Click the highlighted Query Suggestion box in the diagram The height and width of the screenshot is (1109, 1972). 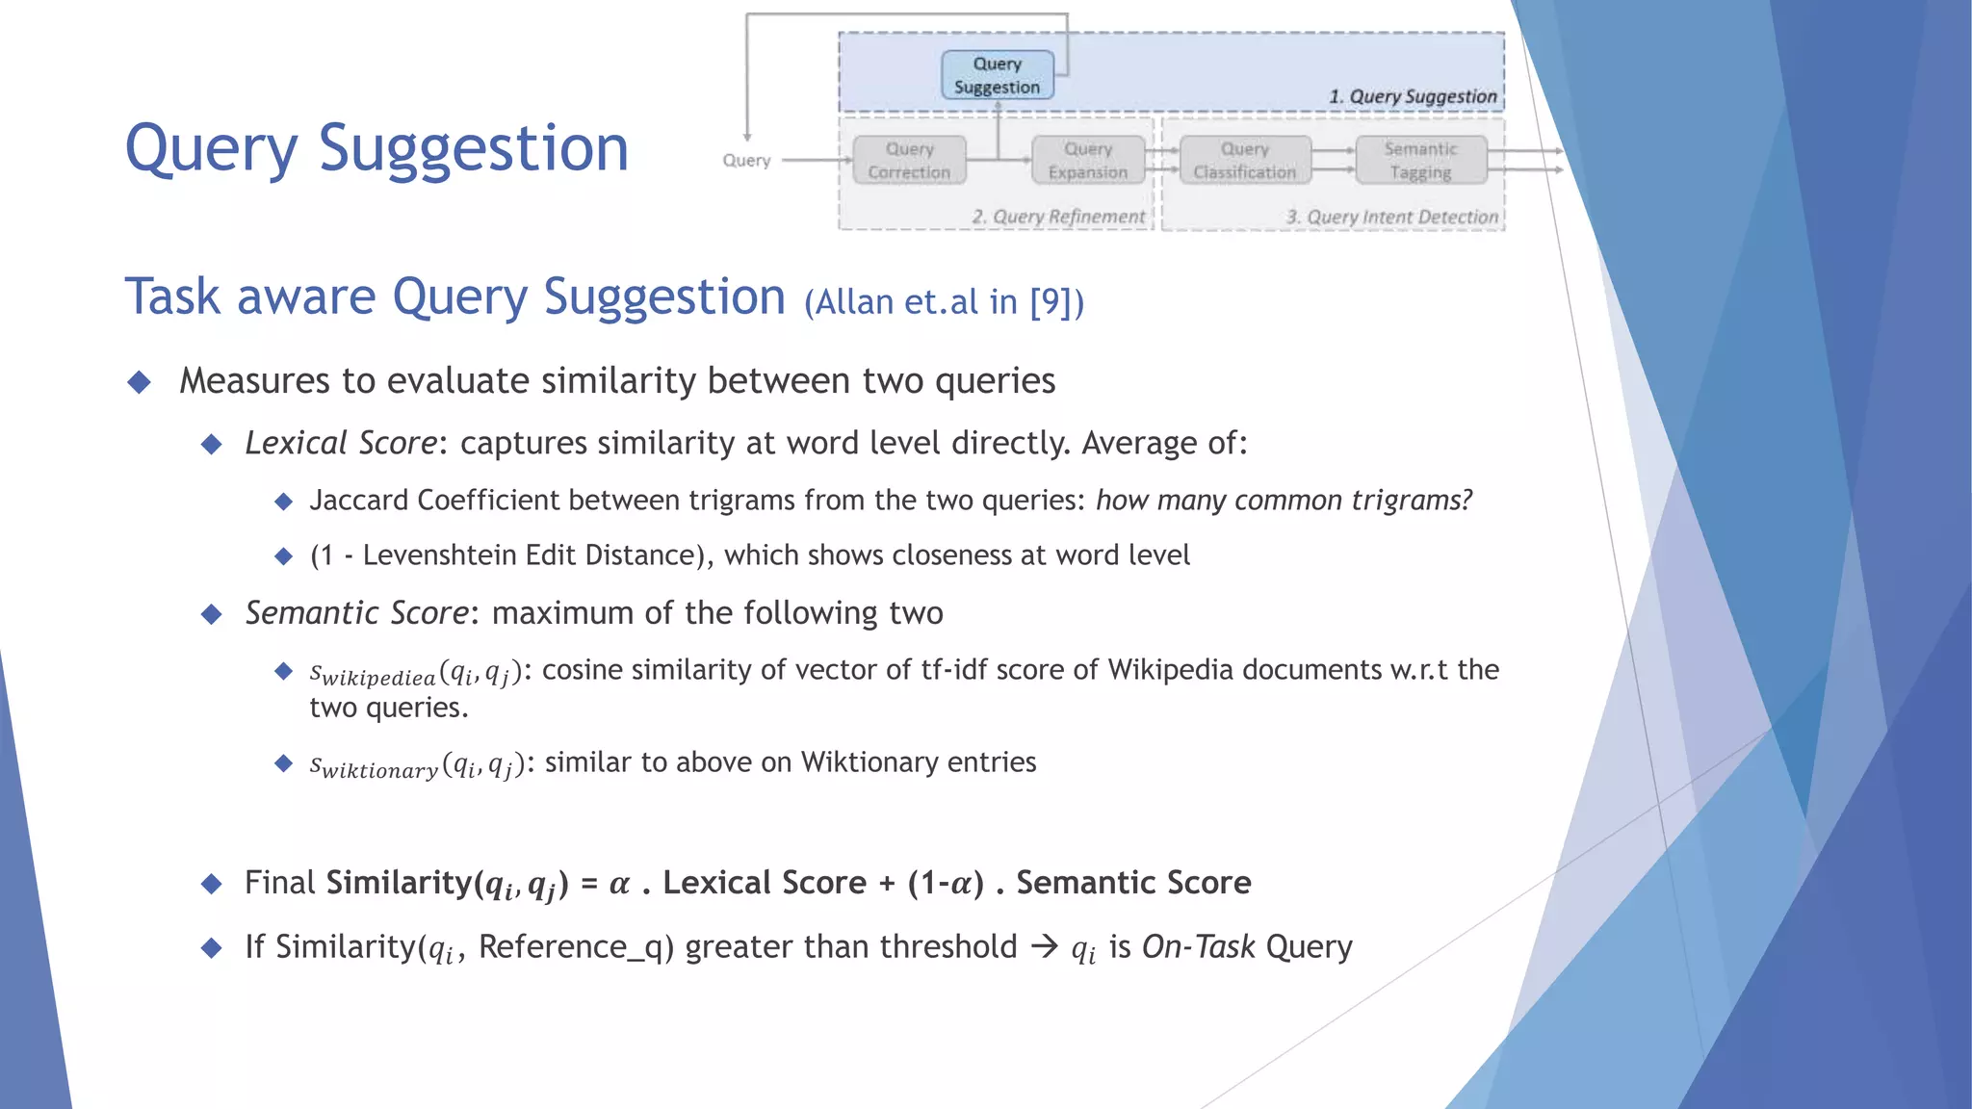[x=998, y=75]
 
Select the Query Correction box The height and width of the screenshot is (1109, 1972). [x=909, y=160]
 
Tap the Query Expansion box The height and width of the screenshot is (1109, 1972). [x=1088, y=160]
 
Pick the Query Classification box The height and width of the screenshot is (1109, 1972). [x=1245, y=160]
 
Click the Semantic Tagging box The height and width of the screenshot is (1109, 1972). [x=1420, y=160]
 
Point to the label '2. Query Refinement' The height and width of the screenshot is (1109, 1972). [x=1058, y=217]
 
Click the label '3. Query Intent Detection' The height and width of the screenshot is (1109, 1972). [x=1392, y=217]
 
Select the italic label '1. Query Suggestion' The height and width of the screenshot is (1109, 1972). [x=1412, y=96]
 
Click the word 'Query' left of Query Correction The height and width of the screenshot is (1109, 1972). [x=746, y=160]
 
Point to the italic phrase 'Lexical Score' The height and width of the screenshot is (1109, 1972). [x=341, y=443]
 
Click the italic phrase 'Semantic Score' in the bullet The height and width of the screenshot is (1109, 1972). [x=356, y=613]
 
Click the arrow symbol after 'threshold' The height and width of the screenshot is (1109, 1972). [x=1044, y=947]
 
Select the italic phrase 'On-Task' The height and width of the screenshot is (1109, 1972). [x=1198, y=947]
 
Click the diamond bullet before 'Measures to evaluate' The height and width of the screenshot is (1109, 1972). [x=140, y=382]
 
